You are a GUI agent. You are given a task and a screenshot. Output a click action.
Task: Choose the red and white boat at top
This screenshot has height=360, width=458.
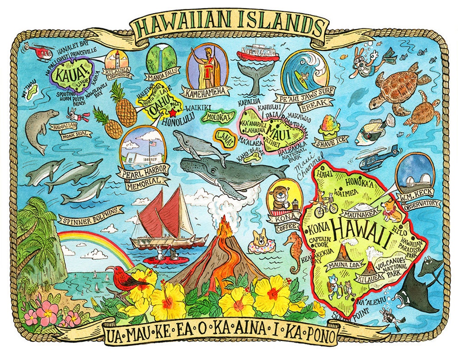tap(252, 52)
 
